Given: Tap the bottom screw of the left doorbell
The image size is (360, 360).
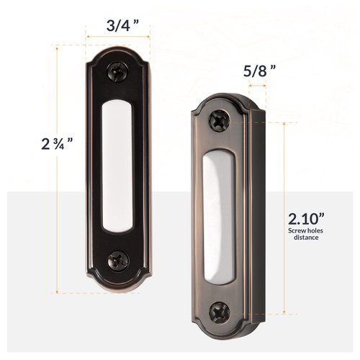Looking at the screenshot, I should click(116, 259).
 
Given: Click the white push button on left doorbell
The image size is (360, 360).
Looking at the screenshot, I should click(117, 166).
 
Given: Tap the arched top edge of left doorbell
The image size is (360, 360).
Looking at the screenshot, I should click(117, 49).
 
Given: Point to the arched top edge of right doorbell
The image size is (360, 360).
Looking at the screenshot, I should click(220, 96).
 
